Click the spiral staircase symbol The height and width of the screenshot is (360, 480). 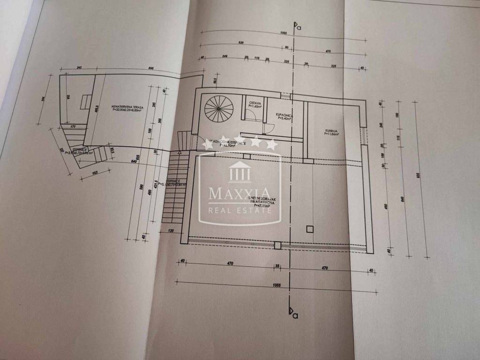218,108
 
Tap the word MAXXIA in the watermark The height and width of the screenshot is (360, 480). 240,193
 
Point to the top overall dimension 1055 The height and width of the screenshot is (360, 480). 283,34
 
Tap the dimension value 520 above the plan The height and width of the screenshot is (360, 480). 241,44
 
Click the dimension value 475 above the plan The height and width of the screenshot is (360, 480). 328,51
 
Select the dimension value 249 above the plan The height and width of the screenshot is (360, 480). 225,57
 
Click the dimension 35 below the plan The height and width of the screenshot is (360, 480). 277,266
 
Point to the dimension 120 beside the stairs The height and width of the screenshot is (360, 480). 170,231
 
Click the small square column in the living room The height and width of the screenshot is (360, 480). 309,229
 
